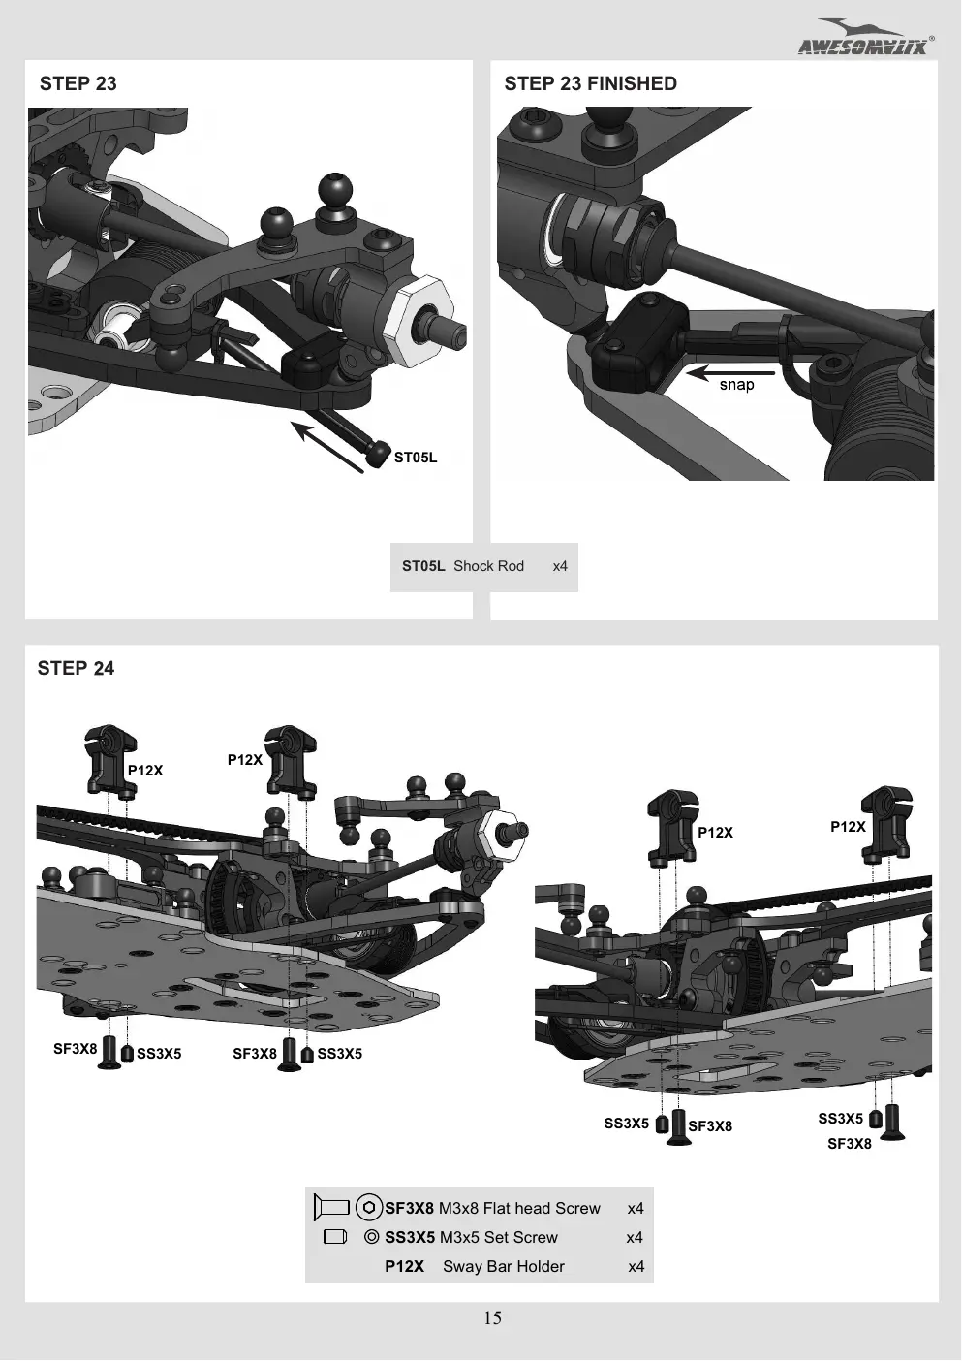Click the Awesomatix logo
[866, 37]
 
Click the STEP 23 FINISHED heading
[590, 83]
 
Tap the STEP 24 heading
[76, 668]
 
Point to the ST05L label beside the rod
[416, 458]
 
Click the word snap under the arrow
[736, 385]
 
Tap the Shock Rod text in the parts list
[488, 566]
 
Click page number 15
[492, 1317]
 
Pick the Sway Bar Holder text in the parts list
[504, 1266]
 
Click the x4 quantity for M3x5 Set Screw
[635, 1237]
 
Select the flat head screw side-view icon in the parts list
[331, 1207]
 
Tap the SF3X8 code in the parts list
[410, 1208]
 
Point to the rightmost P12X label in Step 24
[848, 827]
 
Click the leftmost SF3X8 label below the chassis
[75, 1049]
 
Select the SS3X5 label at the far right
[840, 1118]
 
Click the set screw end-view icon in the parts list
[371, 1237]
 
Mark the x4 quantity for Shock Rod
[560, 566]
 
